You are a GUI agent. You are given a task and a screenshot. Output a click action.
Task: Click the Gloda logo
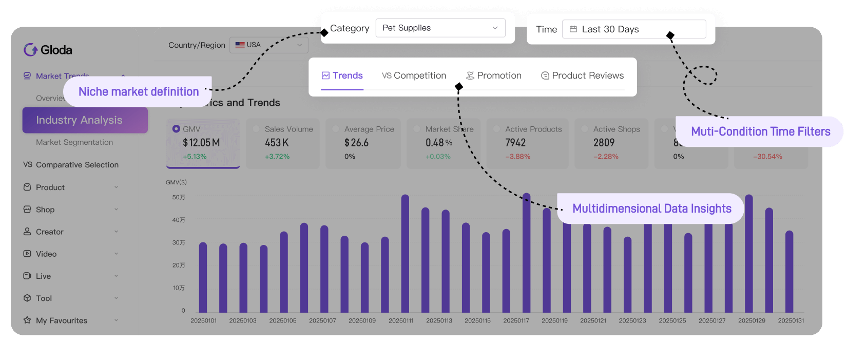point(48,50)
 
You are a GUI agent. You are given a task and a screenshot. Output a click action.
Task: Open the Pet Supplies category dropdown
point(440,28)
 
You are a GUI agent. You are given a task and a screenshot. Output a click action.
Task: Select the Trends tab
point(342,75)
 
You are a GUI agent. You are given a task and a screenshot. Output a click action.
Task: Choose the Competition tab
point(414,75)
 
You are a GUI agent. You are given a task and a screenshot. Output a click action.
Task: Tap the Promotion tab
point(493,75)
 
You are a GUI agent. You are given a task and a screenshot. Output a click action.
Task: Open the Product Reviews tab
point(582,75)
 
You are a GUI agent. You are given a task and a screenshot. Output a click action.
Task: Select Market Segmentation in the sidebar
point(74,142)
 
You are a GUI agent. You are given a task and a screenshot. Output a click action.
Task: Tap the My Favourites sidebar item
point(62,320)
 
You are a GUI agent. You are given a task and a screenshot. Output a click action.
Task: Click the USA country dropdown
point(268,45)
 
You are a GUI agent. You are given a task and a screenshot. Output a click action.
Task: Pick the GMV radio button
point(176,129)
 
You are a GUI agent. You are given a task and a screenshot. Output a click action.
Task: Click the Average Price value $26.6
point(356,143)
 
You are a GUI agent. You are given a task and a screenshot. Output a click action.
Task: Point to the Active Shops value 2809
point(604,143)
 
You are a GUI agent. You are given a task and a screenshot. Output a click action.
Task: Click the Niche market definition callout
point(138,92)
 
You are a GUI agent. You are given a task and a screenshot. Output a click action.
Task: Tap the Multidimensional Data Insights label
point(651,209)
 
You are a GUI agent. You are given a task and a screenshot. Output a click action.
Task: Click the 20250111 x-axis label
point(401,320)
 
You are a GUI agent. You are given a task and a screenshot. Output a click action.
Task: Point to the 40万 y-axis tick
point(179,220)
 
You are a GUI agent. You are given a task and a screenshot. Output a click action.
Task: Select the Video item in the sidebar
point(46,254)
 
